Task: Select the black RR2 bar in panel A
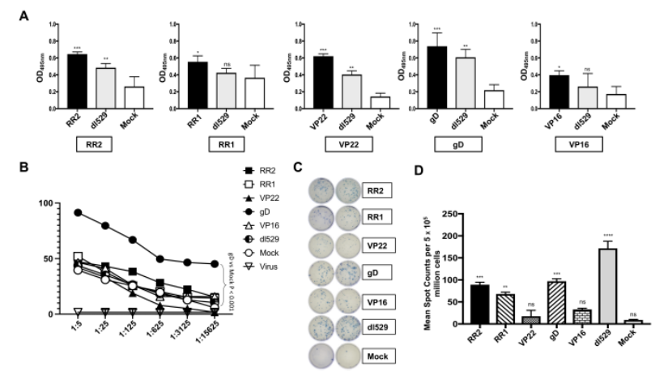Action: click(77, 81)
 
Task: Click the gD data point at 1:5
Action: click(78, 212)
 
